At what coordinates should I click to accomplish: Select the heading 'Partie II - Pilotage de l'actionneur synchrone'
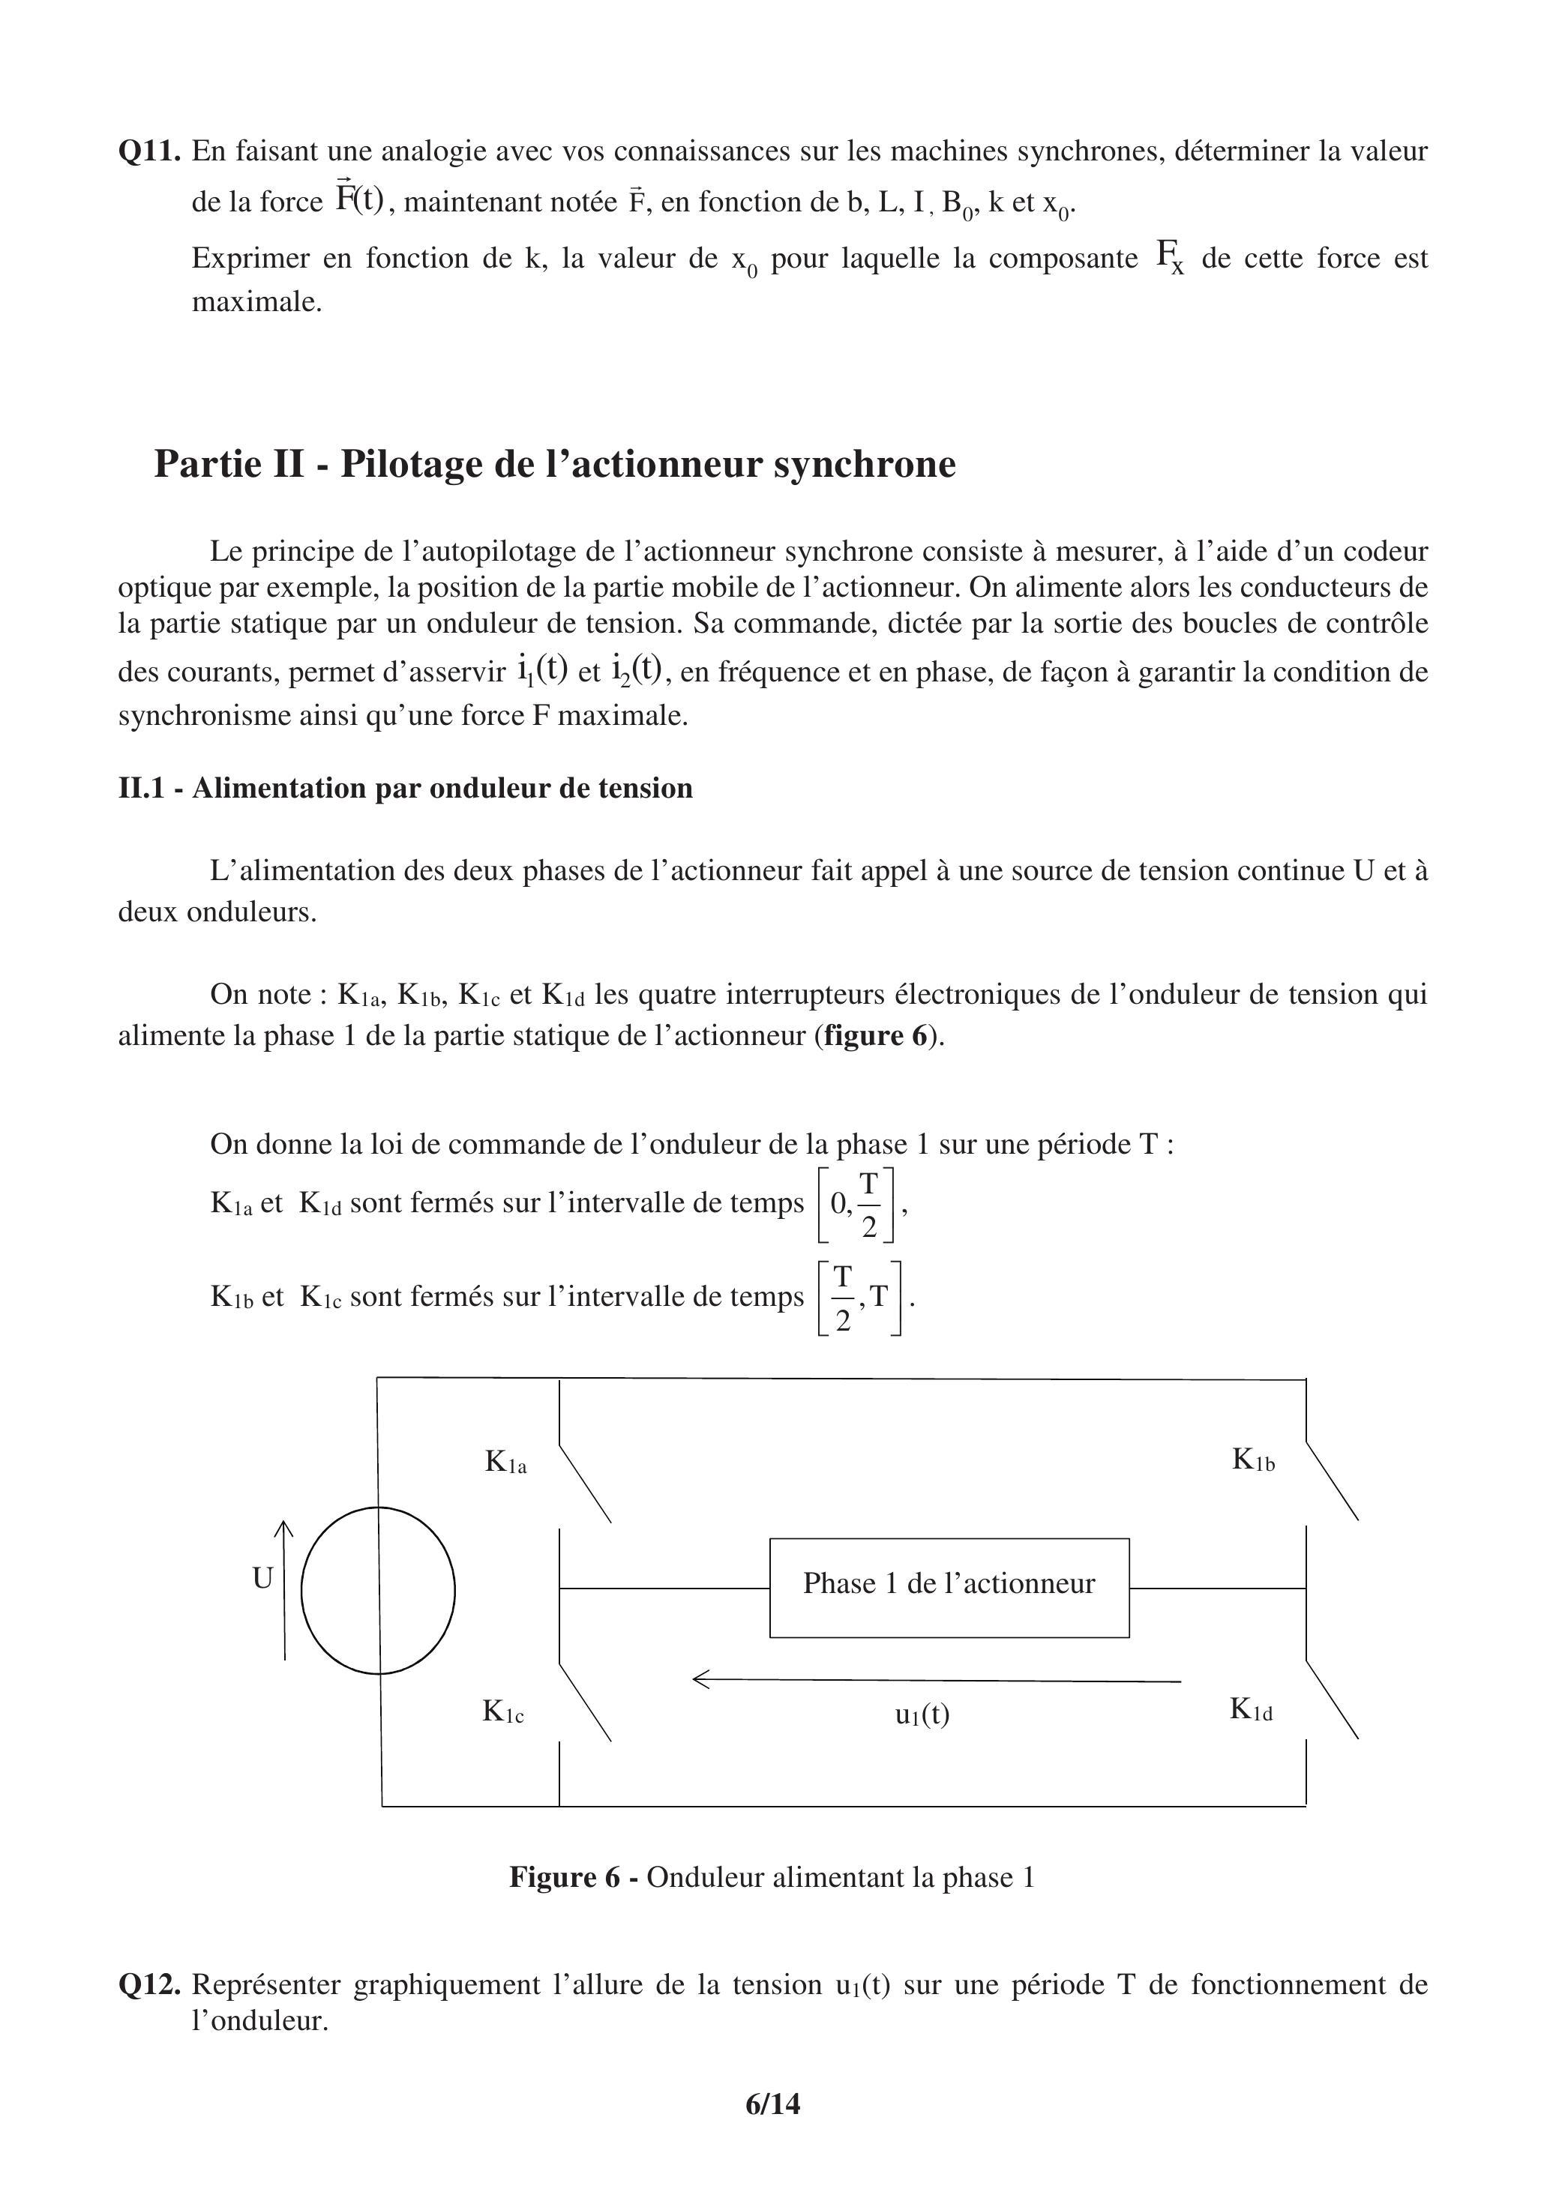click(x=555, y=464)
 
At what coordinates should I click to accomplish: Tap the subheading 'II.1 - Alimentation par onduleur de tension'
click(x=405, y=788)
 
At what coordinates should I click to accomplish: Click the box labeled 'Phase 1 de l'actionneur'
click(x=949, y=1588)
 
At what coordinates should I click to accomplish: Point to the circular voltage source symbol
click(x=378, y=1591)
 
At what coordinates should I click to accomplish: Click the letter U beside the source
click(x=262, y=1579)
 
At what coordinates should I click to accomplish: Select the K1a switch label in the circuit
click(x=505, y=1462)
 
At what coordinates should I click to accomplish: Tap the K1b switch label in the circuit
click(x=1253, y=1460)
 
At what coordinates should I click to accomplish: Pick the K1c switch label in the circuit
click(x=503, y=1711)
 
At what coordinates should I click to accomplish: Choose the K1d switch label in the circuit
click(x=1251, y=1709)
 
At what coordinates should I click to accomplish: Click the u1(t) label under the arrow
click(x=922, y=1714)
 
